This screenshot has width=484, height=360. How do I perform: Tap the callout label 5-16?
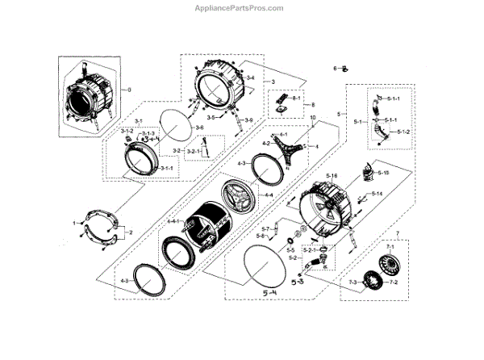(332, 176)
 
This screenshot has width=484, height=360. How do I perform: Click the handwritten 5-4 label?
(271, 294)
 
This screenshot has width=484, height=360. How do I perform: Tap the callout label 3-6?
(199, 128)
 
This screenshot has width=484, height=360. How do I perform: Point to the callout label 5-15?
(382, 173)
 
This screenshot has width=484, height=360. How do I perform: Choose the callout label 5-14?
(376, 195)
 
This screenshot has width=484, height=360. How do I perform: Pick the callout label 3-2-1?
(195, 152)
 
